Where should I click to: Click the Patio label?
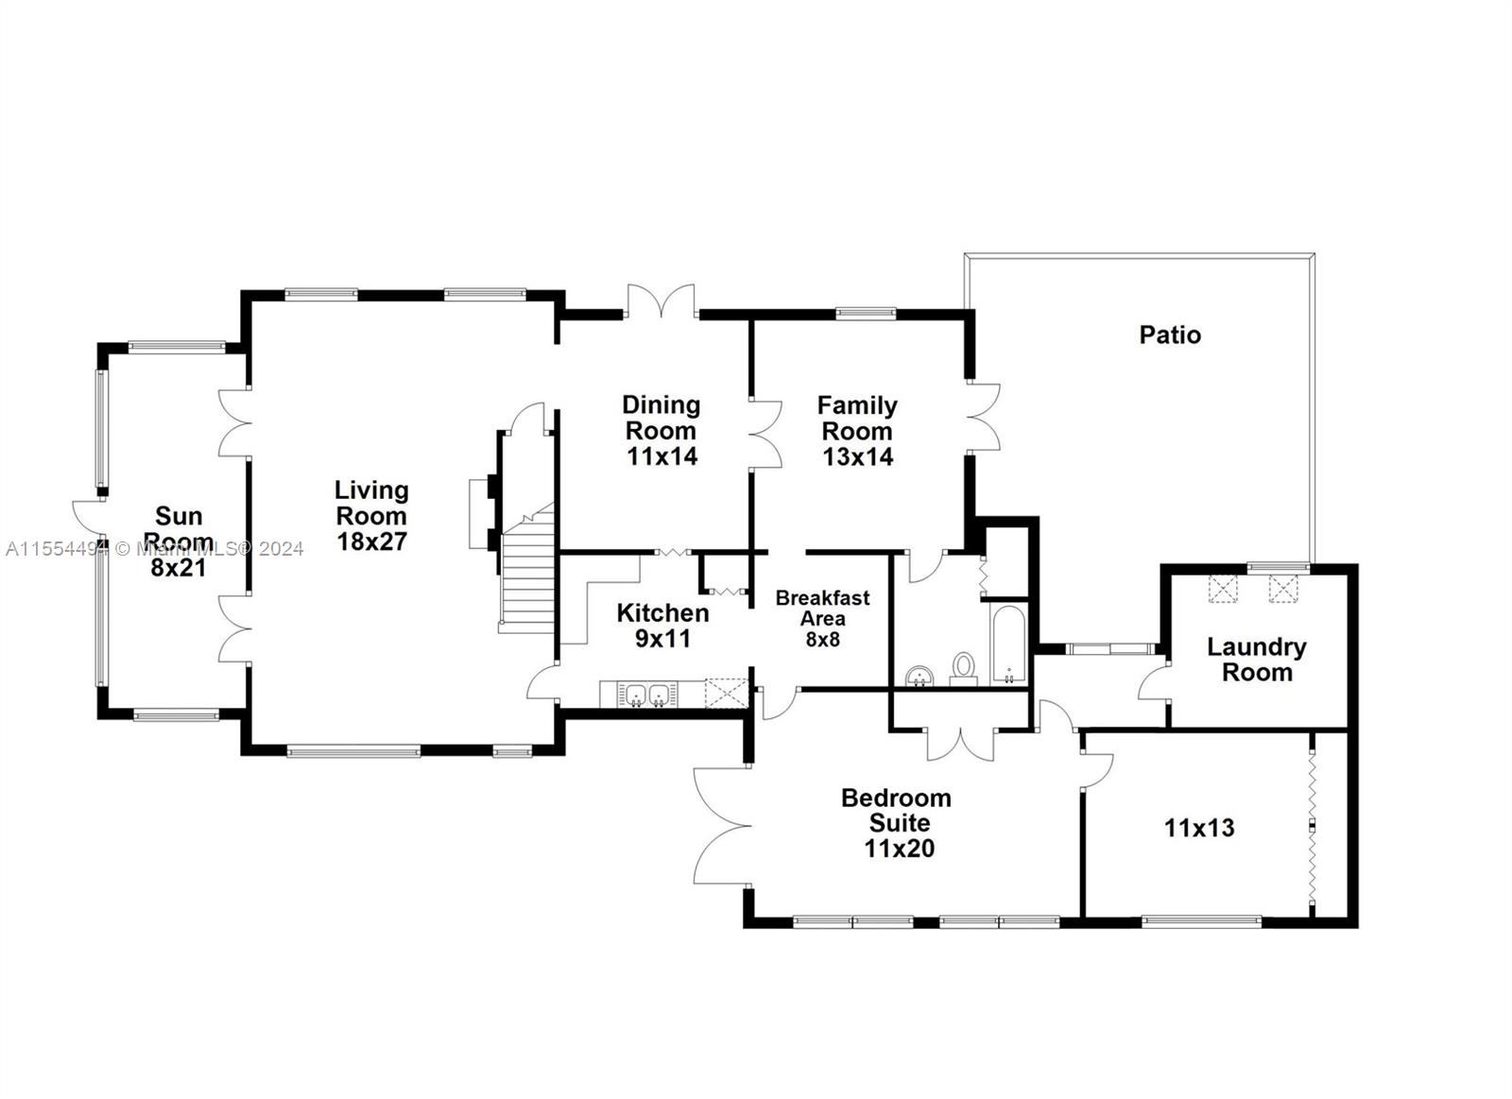tap(1170, 335)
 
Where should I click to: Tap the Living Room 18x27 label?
tap(371, 516)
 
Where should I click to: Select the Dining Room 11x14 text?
tap(661, 431)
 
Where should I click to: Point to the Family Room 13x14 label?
tap(857, 431)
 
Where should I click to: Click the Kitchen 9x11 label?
tap(662, 626)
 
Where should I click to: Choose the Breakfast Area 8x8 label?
tap(822, 618)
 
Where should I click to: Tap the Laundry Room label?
tap(1257, 660)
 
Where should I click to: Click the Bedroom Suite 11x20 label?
tap(897, 823)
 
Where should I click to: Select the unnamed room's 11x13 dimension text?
tap(1199, 829)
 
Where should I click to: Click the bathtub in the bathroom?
tap(1007, 644)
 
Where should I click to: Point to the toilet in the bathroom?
tap(963, 669)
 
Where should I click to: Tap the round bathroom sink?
tap(919, 676)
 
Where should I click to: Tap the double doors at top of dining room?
tap(661, 301)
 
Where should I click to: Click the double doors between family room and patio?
tap(983, 417)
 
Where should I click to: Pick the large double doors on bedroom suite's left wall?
tap(722, 825)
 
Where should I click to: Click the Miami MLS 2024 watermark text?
tap(155, 549)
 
